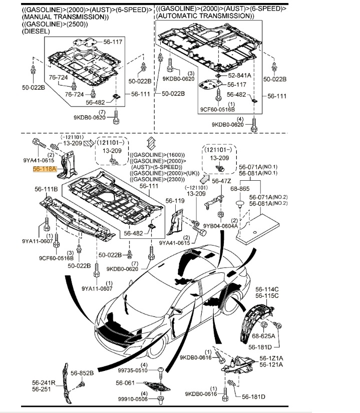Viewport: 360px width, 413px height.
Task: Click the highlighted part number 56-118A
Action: pos(45,170)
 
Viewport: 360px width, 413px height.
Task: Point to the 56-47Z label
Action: pos(221,181)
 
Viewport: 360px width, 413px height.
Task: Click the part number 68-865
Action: pos(240,189)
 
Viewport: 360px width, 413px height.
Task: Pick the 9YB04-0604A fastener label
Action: pos(220,226)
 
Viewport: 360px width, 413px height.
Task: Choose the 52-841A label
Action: pos(239,75)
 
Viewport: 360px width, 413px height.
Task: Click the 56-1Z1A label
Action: pos(271,358)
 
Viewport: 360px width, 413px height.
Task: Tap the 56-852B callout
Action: pos(82,372)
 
